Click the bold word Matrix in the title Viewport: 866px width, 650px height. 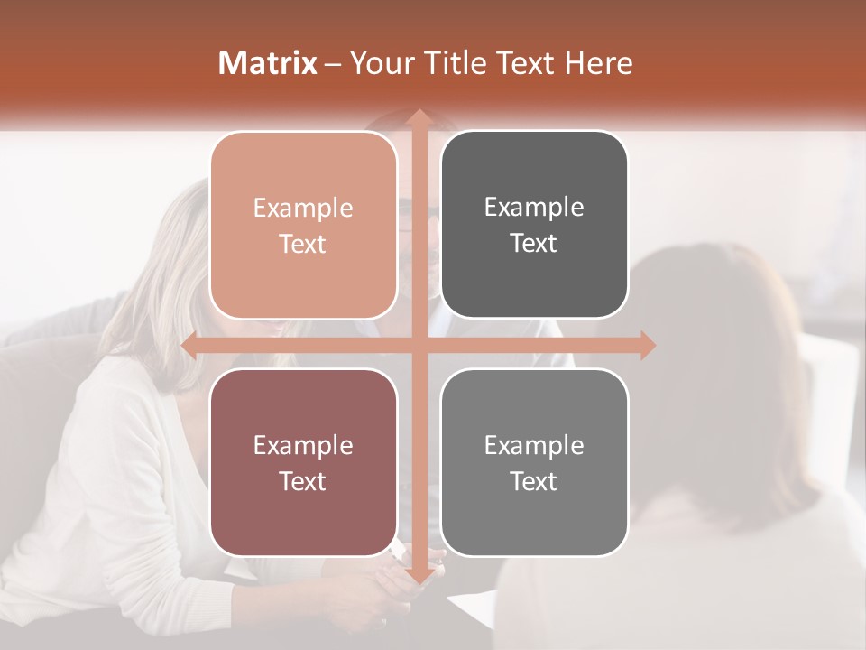[x=268, y=62]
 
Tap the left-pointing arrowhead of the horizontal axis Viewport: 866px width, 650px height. [x=189, y=346]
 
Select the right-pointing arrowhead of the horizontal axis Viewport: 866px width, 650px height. [x=647, y=346]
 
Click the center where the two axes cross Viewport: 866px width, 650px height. [x=419, y=346]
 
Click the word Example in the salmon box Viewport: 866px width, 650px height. [x=303, y=209]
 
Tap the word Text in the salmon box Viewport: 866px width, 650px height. [x=303, y=244]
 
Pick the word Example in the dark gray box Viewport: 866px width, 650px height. [x=534, y=208]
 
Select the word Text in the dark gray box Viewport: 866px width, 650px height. [x=534, y=243]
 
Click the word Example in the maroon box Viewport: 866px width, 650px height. [x=303, y=446]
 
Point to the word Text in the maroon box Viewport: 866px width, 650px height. [x=303, y=481]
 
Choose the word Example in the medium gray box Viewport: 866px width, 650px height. [x=534, y=445]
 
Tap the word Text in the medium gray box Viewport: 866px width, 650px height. [x=534, y=481]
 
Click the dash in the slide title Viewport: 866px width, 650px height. [x=333, y=63]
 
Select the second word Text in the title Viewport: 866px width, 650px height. [x=524, y=62]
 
